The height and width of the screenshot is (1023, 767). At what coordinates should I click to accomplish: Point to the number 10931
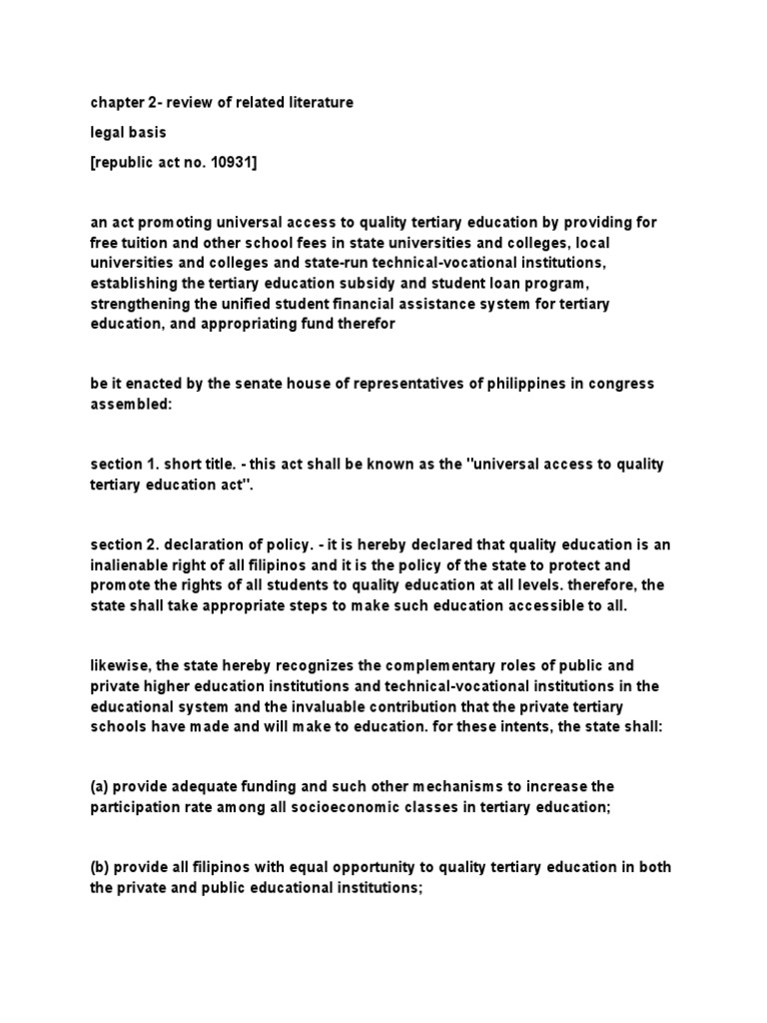click(232, 161)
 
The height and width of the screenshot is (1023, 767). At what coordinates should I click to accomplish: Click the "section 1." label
click(123, 465)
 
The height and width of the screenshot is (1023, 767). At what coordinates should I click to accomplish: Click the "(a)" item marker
click(100, 787)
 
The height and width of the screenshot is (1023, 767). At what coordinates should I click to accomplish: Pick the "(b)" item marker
click(100, 866)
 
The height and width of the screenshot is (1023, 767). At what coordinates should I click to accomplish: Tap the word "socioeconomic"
click(341, 807)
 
